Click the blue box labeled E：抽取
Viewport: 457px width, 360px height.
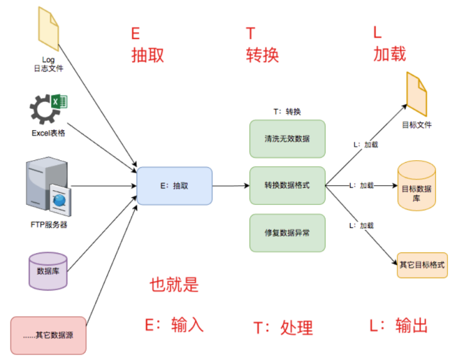pos(174,186)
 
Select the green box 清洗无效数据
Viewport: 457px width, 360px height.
pos(287,138)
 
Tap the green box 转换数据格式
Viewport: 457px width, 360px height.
pos(287,186)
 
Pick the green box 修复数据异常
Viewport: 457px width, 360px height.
pos(287,233)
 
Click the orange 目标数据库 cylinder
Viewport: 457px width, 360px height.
pos(417,186)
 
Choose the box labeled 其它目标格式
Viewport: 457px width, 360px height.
pos(421,265)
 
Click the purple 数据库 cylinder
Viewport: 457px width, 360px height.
pos(48,271)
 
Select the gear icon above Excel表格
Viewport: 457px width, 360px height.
pos(45,109)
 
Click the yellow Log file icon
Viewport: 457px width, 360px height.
pos(48,29)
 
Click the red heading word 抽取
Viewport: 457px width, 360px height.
pos(147,54)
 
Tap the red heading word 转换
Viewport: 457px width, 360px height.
pos(262,54)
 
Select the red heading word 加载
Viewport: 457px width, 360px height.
pos(389,54)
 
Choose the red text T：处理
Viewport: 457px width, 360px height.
pos(283,328)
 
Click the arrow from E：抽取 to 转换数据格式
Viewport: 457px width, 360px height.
pos(231,186)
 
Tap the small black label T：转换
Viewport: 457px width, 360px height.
pos(287,111)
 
